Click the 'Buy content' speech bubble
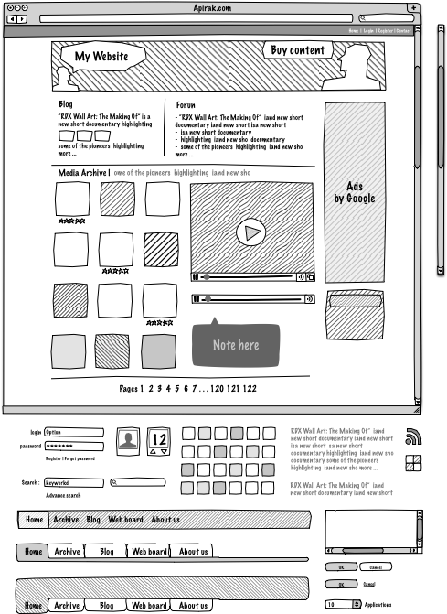[x=298, y=50]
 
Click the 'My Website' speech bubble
[x=102, y=57]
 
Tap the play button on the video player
[x=249, y=232]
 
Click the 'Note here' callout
[x=235, y=345]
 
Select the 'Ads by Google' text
[x=354, y=192]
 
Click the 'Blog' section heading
[x=66, y=105]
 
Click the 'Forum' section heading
[x=186, y=105]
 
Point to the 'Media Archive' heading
[x=82, y=172]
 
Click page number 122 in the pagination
[x=250, y=389]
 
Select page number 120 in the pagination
[x=218, y=389]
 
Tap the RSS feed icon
[x=412, y=436]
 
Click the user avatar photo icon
[x=127, y=442]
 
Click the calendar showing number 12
[x=158, y=441]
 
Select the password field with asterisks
[x=73, y=446]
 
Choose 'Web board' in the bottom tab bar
[x=149, y=605]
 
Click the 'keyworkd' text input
[x=73, y=482]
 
